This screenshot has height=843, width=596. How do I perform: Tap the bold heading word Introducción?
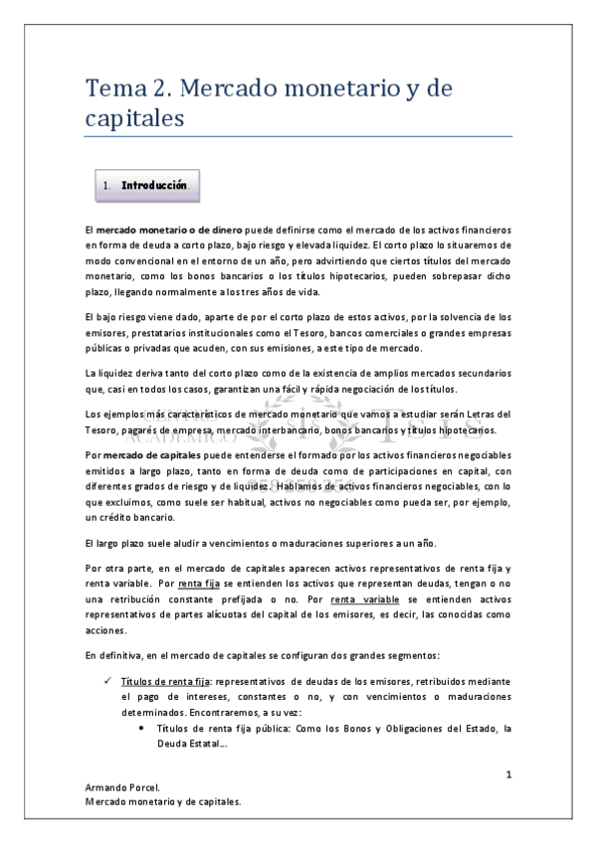click(x=154, y=185)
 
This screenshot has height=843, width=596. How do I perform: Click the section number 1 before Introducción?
click(x=106, y=185)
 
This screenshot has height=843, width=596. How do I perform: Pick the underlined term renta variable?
click(x=364, y=599)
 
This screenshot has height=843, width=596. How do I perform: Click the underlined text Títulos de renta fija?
click(x=165, y=682)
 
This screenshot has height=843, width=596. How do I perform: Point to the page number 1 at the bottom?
click(x=507, y=773)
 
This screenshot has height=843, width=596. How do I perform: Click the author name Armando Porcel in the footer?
click(x=124, y=787)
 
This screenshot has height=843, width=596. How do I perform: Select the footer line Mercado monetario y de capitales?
click(x=164, y=800)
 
